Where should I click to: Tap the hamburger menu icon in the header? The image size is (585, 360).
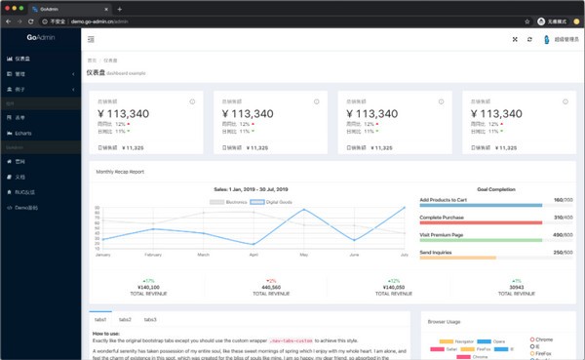(92, 39)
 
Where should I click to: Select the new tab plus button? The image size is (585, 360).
(119, 8)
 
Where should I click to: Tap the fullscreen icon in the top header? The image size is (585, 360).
(515, 39)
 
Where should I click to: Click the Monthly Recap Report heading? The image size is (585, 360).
(119, 171)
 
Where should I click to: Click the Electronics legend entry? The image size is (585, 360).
(231, 201)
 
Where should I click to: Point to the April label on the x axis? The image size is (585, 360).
(253, 255)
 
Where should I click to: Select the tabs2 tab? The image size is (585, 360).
(125, 319)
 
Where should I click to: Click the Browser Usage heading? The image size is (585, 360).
(445, 321)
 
